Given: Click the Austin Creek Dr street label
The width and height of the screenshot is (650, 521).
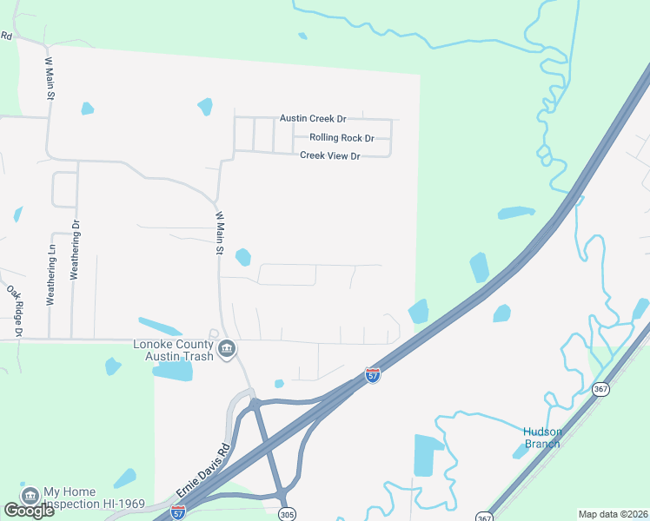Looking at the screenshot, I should point(313,118).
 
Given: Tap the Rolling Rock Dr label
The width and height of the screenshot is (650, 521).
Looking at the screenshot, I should point(342,138).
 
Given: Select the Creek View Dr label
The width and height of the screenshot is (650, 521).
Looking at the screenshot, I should point(329,155).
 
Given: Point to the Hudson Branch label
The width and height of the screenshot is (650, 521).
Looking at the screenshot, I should point(542,438).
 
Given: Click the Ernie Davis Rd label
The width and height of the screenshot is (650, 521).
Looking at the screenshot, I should point(202,472).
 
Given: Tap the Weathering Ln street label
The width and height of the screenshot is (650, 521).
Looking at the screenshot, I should point(51,274).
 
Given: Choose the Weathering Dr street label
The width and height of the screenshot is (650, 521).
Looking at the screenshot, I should point(75,248).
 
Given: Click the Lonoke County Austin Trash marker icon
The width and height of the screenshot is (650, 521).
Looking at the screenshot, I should point(226,350).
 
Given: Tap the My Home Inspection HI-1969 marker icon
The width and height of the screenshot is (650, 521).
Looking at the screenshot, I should point(30,495).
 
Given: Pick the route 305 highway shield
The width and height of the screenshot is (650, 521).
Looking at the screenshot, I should point(287,514).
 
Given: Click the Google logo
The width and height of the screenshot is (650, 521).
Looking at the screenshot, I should point(29,511).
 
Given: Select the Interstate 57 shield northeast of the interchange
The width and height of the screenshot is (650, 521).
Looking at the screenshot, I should point(372,375).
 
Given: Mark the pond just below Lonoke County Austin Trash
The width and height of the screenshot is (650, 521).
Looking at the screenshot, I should point(173,371).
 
